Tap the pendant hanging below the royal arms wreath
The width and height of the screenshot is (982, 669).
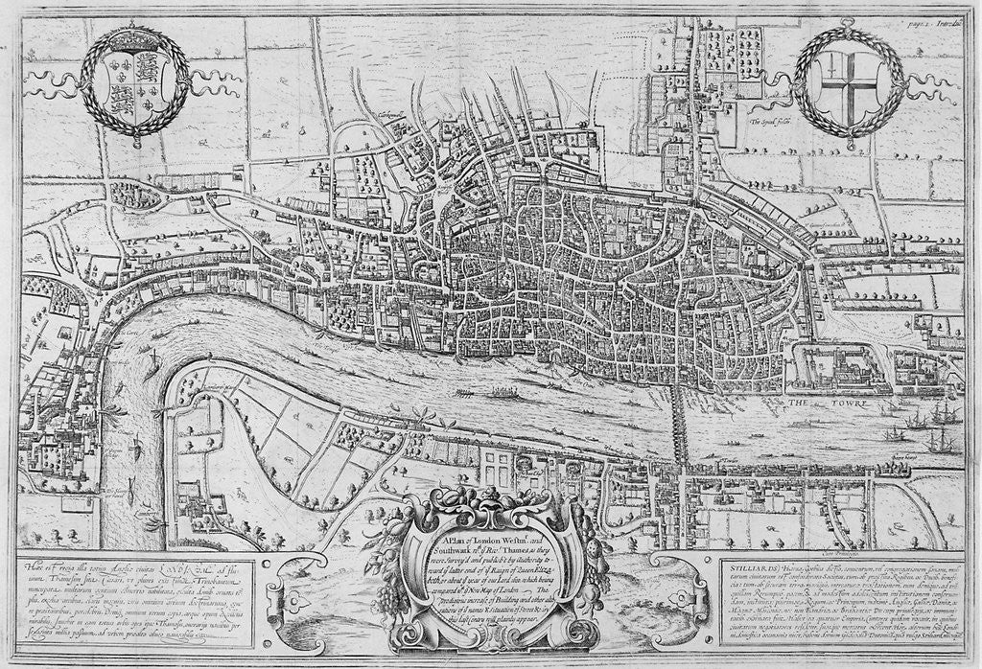[x=134, y=141]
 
